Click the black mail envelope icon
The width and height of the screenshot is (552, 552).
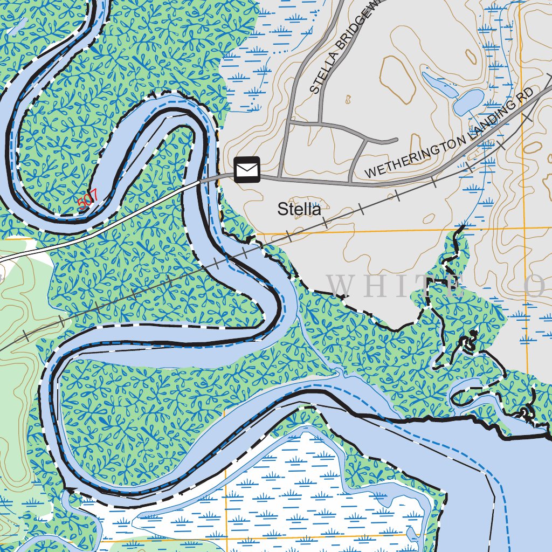(x=247, y=169)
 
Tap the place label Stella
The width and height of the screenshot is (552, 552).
(x=299, y=209)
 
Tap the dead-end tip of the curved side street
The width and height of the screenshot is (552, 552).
(x=396, y=140)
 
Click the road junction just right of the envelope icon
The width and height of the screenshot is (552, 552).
(x=279, y=176)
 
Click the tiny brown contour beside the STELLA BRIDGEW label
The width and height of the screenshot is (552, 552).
(x=348, y=99)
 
